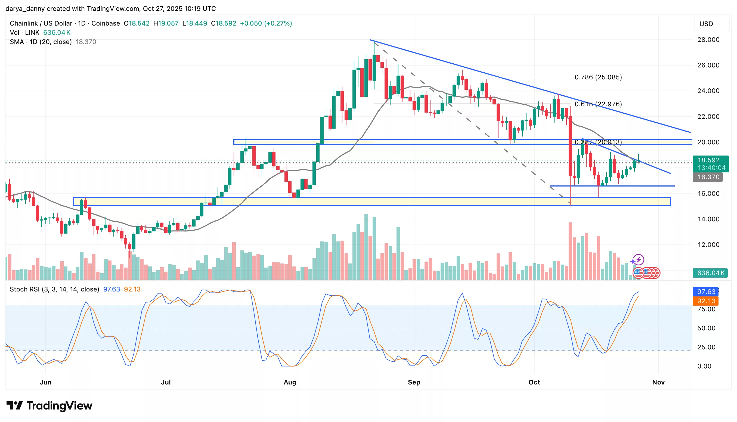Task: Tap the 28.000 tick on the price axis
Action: pos(708,40)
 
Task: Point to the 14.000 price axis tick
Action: pos(708,219)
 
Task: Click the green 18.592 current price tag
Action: pos(710,160)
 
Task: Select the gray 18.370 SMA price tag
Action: pos(708,177)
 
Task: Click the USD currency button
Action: pos(706,24)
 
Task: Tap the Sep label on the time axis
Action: pos(414,382)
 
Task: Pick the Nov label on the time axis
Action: pos(658,382)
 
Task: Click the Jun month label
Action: pos(45,382)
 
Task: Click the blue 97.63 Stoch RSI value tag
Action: pos(706,291)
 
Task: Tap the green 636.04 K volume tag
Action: pos(710,273)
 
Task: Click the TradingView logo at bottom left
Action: pos(49,406)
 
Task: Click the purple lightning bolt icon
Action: pos(639,260)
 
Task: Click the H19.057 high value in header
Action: pos(166,23)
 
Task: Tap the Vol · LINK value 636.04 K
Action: pos(57,32)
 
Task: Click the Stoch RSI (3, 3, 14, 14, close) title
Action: pos(54,289)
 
